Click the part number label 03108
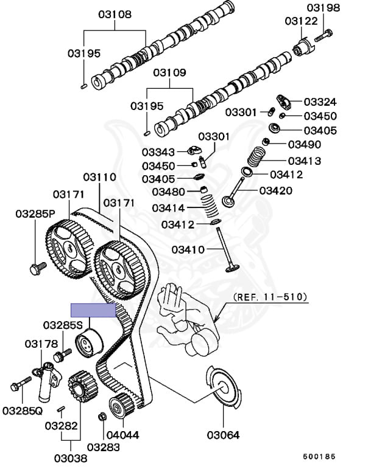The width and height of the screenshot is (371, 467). pyautogui.click(x=115, y=15)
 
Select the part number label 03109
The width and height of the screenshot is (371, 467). pyautogui.click(x=169, y=73)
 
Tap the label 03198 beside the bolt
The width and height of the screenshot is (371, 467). pyautogui.click(x=323, y=7)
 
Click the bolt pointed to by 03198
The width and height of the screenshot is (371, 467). pyautogui.click(x=323, y=35)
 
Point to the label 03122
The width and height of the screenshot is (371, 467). pyautogui.click(x=301, y=21)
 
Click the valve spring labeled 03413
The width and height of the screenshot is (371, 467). pyautogui.click(x=256, y=156)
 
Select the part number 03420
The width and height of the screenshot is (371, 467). pyautogui.click(x=276, y=190)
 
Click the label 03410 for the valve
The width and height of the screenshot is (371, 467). pyautogui.click(x=188, y=249)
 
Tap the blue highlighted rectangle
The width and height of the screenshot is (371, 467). pyautogui.click(x=93, y=310)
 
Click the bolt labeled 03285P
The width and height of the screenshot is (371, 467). pyautogui.click(x=38, y=268)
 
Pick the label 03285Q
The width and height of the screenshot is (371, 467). pyautogui.click(x=23, y=411)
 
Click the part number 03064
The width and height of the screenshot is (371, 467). pyautogui.click(x=223, y=435)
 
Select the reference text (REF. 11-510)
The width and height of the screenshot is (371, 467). pyautogui.click(x=270, y=297)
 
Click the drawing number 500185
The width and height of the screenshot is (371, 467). pyautogui.click(x=319, y=457)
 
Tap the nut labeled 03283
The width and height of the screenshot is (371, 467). pyautogui.click(x=102, y=417)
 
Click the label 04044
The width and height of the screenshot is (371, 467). pyautogui.click(x=122, y=435)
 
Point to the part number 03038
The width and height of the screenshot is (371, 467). pyautogui.click(x=71, y=458)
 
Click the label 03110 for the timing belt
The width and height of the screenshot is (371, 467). pyautogui.click(x=100, y=177)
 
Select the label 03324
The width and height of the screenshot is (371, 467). pyautogui.click(x=320, y=102)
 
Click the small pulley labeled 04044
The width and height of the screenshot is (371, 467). pyautogui.click(x=121, y=406)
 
